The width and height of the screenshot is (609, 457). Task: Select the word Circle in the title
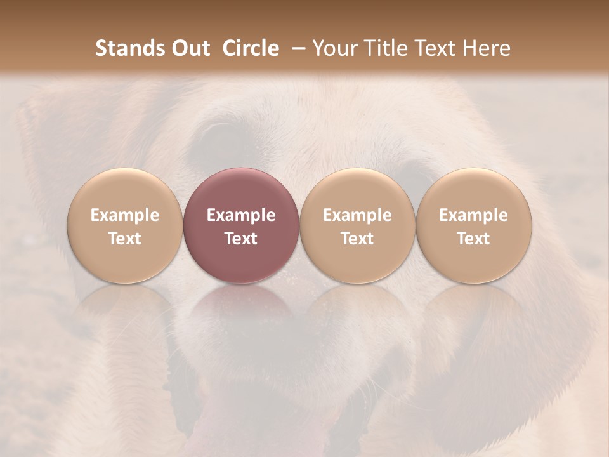(251, 49)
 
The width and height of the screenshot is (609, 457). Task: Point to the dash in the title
(296, 49)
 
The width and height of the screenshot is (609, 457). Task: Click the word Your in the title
(333, 49)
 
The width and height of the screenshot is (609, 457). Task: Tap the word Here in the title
(485, 49)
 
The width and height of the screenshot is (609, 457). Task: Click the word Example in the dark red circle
(241, 215)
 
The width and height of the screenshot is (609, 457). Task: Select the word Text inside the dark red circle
(241, 239)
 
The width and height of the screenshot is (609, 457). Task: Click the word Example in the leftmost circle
(125, 215)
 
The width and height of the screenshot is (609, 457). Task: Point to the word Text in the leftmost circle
(125, 239)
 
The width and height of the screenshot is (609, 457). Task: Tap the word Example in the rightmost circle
(474, 215)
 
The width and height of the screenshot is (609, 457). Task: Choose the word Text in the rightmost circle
(474, 239)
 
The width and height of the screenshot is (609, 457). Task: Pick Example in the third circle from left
(358, 215)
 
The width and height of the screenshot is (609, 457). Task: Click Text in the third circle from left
(358, 239)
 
